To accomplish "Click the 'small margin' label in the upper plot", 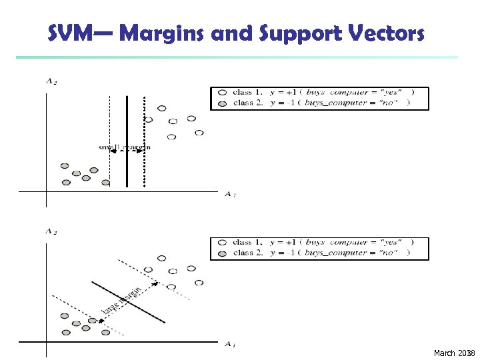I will coord(125,147).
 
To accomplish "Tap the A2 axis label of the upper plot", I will coord(50,82).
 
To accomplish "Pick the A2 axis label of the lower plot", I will coord(50,231).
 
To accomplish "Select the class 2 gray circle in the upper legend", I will coord(221,103).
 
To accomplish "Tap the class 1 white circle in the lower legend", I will coord(221,243).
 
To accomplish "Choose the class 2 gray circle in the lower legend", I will coord(221,253).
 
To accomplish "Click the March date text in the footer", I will coord(452,353).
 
